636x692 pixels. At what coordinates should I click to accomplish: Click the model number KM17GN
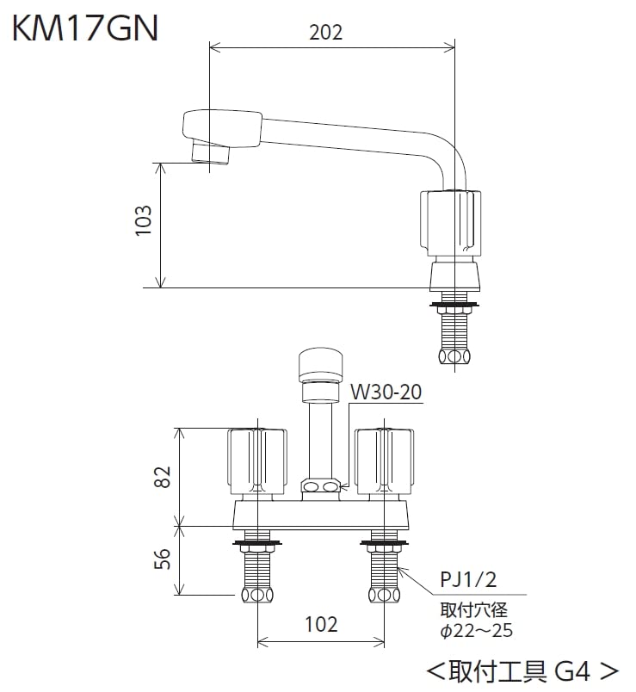84,28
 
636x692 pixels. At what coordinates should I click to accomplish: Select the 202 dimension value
325,32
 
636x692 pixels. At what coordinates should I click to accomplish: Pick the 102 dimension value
320,625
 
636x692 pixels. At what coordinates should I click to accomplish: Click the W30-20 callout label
386,392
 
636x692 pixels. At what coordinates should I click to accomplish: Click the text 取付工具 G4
522,669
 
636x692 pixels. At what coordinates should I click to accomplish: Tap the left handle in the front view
256,460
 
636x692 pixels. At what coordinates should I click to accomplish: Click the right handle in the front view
385,460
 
